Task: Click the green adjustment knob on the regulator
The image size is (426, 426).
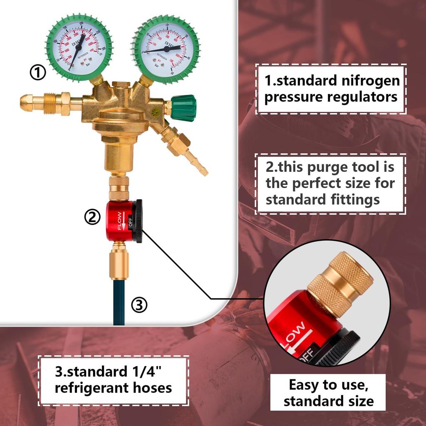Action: click(183, 108)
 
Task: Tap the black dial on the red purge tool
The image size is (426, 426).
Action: click(137, 220)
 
